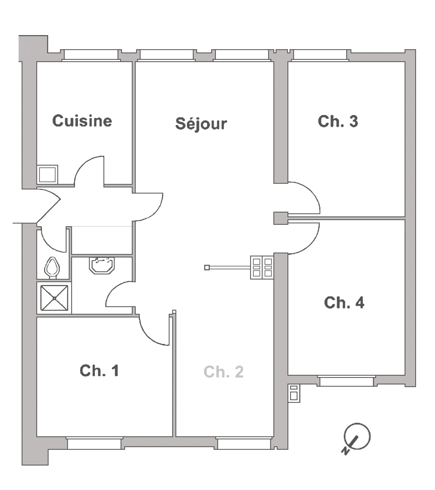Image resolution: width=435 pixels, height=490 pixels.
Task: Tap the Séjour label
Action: click(201, 124)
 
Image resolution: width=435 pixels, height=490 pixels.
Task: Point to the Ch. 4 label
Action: click(344, 303)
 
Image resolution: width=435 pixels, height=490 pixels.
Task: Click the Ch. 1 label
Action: click(99, 371)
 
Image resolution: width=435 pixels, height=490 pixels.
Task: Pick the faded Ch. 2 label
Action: click(223, 372)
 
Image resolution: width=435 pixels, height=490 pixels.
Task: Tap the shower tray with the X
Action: click(54, 298)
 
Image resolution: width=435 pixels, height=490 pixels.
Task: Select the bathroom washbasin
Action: click(102, 265)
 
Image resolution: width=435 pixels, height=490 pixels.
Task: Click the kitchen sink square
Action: click(47, 174)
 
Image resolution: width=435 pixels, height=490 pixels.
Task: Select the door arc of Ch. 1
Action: click(148, 336)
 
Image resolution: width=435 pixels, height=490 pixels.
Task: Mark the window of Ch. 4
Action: click(346, 381)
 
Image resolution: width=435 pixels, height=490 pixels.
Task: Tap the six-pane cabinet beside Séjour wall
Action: click(262, 267)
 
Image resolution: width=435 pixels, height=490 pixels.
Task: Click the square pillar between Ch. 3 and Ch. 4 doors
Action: click(281, 218)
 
